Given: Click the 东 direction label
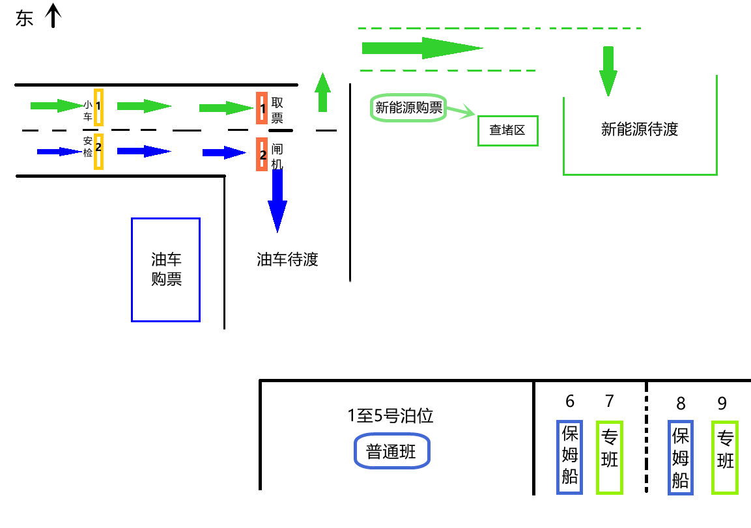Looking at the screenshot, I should click(x=24, y=19).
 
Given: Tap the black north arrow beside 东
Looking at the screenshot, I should click(x=53, y=16).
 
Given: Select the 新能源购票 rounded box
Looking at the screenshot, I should click(x=408, y=108).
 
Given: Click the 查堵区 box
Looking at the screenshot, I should click(x=507, y=130).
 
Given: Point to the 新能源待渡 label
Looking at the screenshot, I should click(x=639, y=129).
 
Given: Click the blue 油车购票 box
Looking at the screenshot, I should click(x=165, y=270).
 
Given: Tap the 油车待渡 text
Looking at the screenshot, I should click(x=287, y=260).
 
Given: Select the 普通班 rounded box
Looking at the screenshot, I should click(x=391, y=451).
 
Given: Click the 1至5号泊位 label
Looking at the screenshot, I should click(x=390, y=415).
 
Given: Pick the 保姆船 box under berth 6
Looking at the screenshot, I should click(x=570, y=456).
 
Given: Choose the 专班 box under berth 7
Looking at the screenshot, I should click(x=609, y=456).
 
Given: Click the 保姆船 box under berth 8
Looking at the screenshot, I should click(x=681, y=456).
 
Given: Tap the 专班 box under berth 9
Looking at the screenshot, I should click(x=724, y=456).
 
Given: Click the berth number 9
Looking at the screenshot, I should click(x=722, y=404).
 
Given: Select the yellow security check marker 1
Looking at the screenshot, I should click(x=98, y=107).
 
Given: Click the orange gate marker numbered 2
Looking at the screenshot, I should click(x=262, y=155).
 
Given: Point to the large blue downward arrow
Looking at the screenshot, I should click(x=277, y=202).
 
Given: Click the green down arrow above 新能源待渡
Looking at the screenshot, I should click(x=608, y=70).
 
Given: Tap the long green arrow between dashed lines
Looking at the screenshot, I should click(x=421, y=48).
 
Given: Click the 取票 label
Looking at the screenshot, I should click(x=277, y=110).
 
